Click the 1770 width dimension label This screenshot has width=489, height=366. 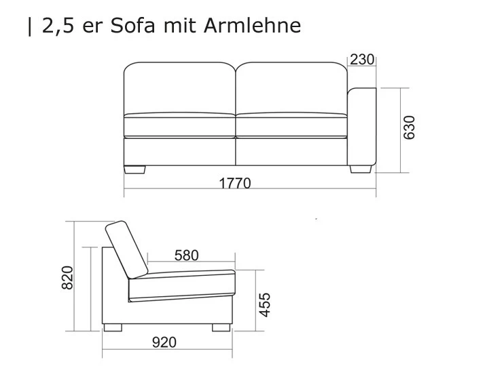[x=234, y=182]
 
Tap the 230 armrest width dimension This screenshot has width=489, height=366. [x=362, y=60]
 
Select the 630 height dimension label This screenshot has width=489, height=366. [x=410, y=127]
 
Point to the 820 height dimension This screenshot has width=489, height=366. [x=67, y=277]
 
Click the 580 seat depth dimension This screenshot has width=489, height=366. [x=186, y=256]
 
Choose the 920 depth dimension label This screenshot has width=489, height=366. [x=164, y=342]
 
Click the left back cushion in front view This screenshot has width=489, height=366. [x=179, y=87]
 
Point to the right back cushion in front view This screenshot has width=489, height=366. [x=292, y=87]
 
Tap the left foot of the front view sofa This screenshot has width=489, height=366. [x=135, y=169]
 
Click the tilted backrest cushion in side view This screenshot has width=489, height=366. [x=127, y=248]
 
